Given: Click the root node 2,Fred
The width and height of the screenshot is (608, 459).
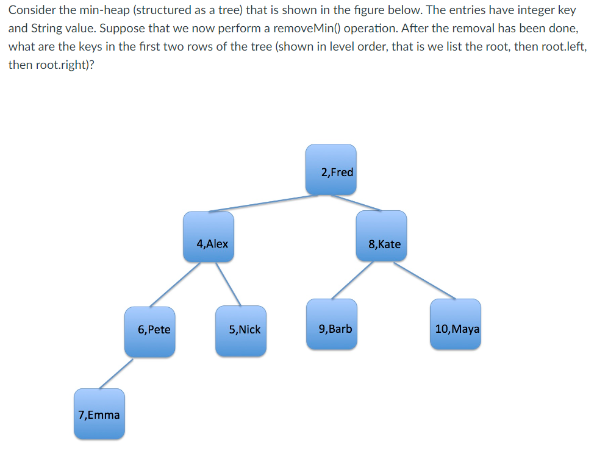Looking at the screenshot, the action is [x=331, y=170].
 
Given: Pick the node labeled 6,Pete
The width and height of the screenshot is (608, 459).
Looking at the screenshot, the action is [x=150, y=332].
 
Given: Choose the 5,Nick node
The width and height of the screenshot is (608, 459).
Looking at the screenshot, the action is [x=241, y=332].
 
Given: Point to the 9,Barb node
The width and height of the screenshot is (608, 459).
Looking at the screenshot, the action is [x=332, y=324].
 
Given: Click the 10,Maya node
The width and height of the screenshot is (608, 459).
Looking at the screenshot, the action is [x=455, y=324].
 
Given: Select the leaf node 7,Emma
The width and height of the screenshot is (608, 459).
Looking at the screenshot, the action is [x=99, y=414].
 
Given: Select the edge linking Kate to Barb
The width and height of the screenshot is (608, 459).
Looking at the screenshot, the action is [x=352, y=280].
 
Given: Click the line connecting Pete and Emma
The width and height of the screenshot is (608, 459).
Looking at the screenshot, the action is [x=116, y=373].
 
